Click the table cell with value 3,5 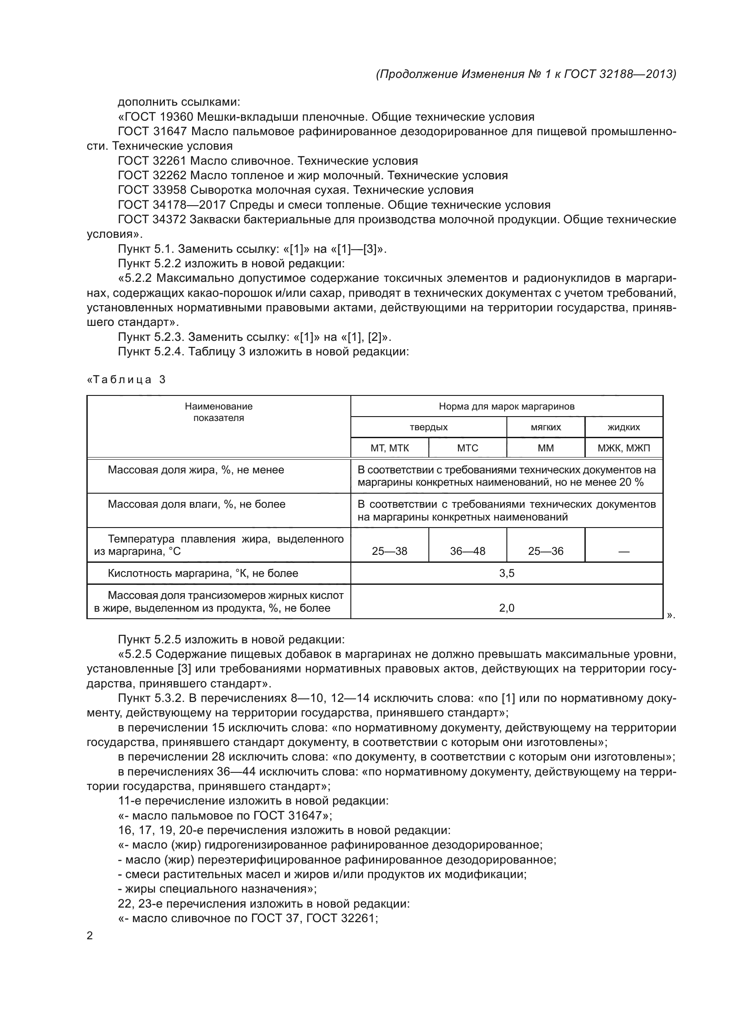[x=506, y=573]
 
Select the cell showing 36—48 [x=467, y=551]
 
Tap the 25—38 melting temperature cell [x=389, y=551]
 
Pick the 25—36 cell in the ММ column [x=545, y=551]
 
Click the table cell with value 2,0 [x=506, y=608]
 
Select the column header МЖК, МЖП [x=624, y=448]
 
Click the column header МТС [x=467, y=448]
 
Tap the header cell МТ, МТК [x=389, y=448]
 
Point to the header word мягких [x=545, y=427]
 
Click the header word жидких [x=624, y=427]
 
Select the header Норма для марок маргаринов [x=506, y=406]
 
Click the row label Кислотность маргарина [x=203, y=573]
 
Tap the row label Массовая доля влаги [x=196, y=504]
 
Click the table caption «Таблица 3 [x=126, y=380]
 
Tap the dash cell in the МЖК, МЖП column [x=624, y=552]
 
